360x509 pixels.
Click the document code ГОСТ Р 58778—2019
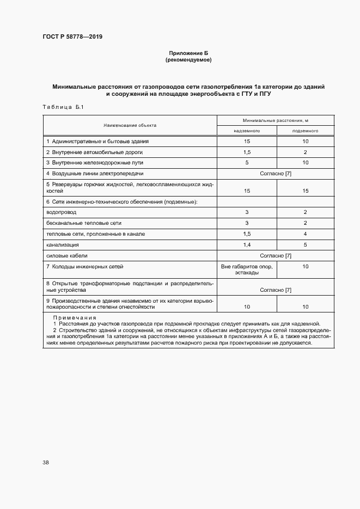pyautogui.click(x=72, y=36)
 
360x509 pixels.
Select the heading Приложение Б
pyautogui.click(x=188, y=53)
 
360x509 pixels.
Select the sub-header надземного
pyautogui.click(x=247, y=131)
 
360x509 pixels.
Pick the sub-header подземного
pyautogui.click(x=305, y=131)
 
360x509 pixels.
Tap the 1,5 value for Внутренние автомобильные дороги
pyautogui.click(x=247, y=152)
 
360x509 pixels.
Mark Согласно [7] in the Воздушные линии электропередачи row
pyautogui.click(x=276, y=173)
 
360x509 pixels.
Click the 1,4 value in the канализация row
pyautogui.click(x=247, y=244)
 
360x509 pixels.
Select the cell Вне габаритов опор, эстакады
pyautogui.click(x=247, y=269)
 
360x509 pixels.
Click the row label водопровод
pyautogui.click(x=61, y=212)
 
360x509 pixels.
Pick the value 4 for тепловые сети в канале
pyautogui.click(x=305, y=234)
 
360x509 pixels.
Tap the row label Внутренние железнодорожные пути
pyautogui.click(x=91, y=163)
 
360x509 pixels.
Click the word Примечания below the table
pyautogui.click(x=75, y=317)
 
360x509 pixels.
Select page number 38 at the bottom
pyautogui.click(x=46, y=463)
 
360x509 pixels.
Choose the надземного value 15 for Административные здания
pyautogui.click(x=247, y=142)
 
